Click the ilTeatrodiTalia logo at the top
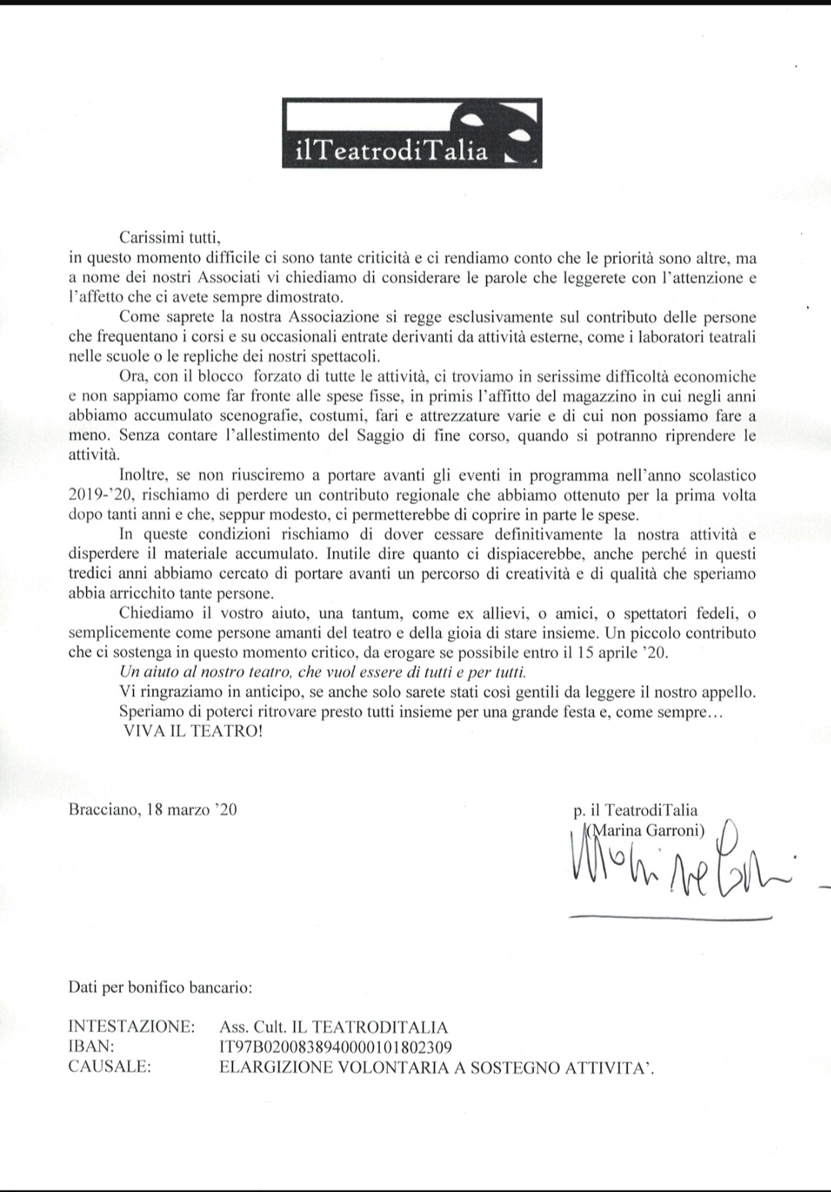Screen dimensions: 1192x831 [412, 133]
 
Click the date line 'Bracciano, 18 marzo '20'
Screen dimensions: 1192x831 [152, 810]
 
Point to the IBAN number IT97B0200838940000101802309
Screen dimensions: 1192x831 [335, 1047]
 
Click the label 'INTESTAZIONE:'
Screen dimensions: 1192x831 [132, 1027]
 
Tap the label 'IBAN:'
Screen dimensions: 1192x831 [92, 1047]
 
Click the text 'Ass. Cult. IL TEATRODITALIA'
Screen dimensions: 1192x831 [333, 1027]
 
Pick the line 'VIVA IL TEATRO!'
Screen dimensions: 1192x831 [192, 732]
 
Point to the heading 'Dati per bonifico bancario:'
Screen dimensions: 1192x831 [160, 986]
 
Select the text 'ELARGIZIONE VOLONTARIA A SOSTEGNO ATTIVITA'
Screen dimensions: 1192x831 [436, 1067]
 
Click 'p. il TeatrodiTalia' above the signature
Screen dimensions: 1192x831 [636, 810]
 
